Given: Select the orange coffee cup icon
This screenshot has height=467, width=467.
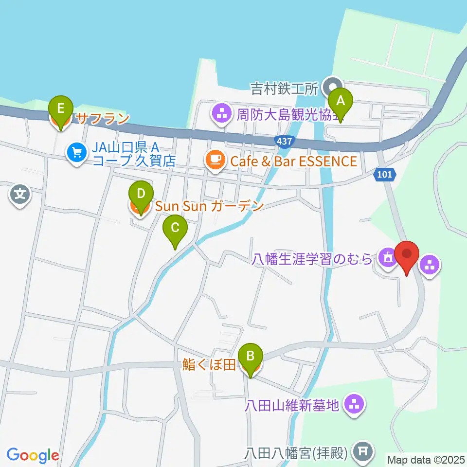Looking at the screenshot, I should pos(215,160).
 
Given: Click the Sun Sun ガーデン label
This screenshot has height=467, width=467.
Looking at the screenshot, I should pos(209,206).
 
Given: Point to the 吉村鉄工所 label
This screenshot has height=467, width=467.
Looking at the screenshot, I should pos(284,88).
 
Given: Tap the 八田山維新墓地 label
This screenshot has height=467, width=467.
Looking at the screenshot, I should pos(292,404).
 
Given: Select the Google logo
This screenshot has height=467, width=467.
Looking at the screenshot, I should pos(33,456).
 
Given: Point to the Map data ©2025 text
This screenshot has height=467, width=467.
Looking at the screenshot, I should pos(426,459).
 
